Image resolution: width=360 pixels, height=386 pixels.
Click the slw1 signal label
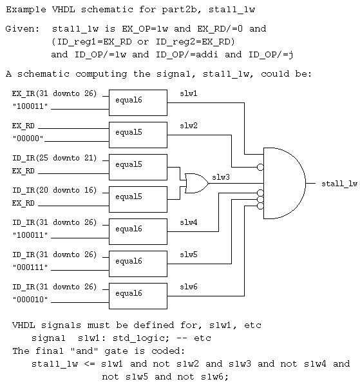click(x=189, y=93)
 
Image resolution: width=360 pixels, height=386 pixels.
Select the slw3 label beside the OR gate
click(x=221, y=177)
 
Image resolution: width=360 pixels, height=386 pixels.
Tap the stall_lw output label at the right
click(x=339, y=184)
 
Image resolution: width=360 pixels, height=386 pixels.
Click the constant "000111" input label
click(x=30, y=267)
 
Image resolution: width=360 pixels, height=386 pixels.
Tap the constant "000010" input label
click(x=30, y=300)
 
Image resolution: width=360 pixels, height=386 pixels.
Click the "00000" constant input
click(x=28, y=139)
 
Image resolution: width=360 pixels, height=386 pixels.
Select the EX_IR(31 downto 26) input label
click(x=54, y=94)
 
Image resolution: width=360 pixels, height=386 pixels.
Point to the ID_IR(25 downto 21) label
click(x=54, y=158)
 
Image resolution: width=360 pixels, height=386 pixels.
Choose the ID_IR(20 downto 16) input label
click(x=54, y=190)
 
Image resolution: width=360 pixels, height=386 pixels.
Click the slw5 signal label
click(x=189, y=255)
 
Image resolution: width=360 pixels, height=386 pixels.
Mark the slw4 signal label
click(x=189, y=222)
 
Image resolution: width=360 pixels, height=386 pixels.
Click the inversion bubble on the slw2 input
click(x=260, y=168)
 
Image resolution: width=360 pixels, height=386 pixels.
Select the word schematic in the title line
click(x=107, y=10)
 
